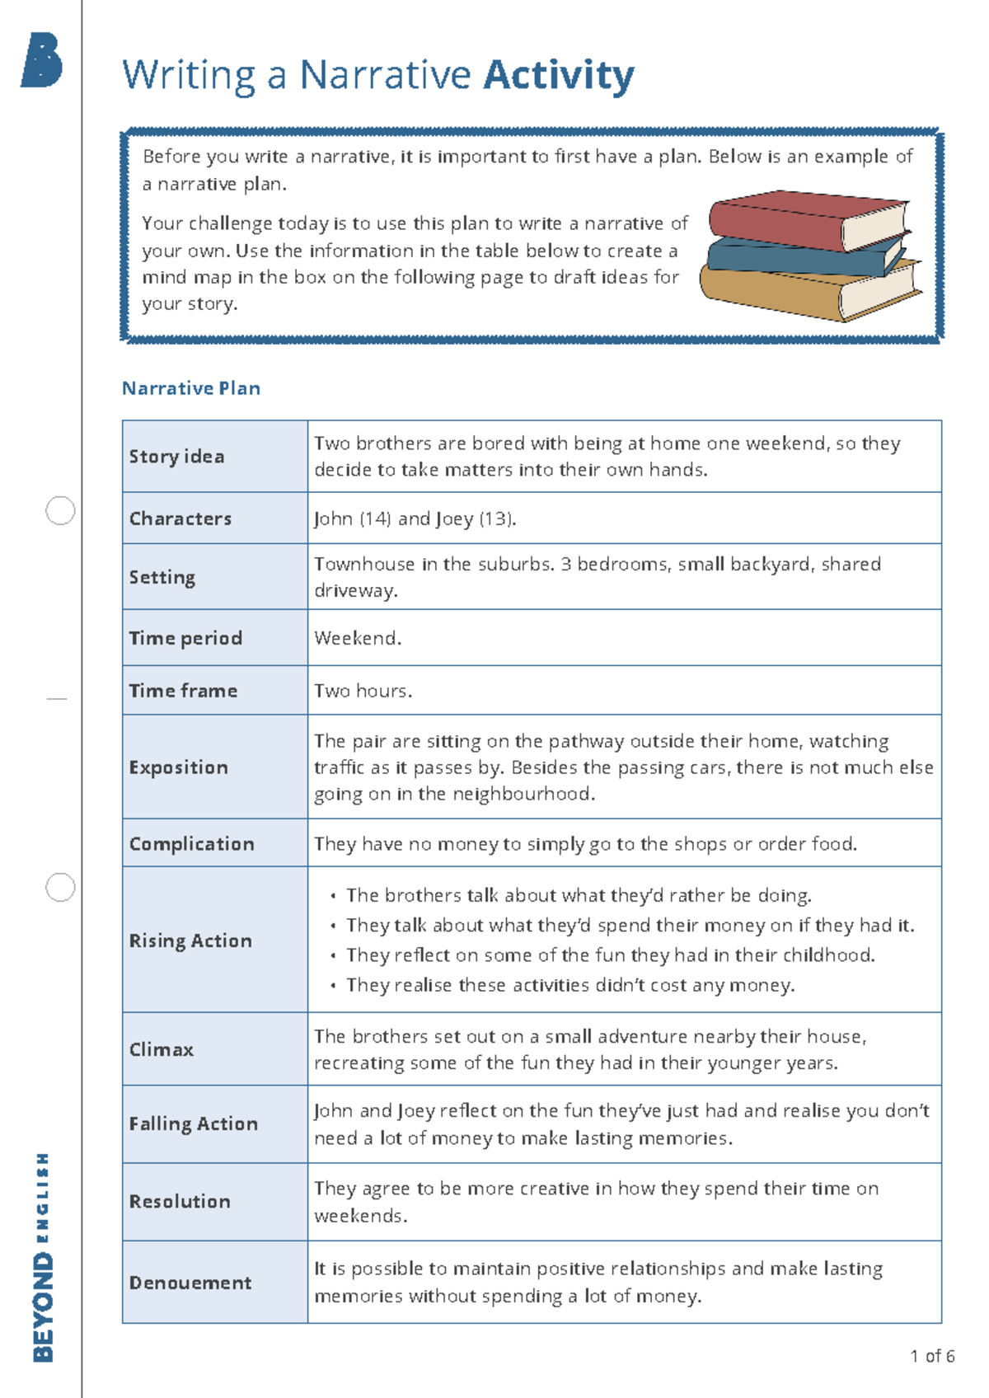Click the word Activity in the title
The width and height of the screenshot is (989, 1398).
(558, 76)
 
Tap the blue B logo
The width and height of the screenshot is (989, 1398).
(42, 60)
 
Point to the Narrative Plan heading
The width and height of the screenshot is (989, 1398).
(191, 388)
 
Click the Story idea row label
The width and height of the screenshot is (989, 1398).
(176, 457)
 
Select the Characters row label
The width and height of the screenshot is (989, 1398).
(180, 518)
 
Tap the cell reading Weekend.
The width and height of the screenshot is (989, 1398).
(358, 638)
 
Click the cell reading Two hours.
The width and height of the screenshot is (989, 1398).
(363, 691)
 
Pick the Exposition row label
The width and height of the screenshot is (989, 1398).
(178, 767)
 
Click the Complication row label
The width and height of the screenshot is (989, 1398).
(191, 844)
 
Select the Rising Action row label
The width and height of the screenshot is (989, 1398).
(190, 941)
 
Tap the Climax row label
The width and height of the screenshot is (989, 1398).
(162, 1049)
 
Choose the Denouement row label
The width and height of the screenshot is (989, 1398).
(190, 1283)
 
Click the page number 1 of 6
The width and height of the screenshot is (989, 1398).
(932, 1356)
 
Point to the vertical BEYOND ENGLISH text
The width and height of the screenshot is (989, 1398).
(43, 1257)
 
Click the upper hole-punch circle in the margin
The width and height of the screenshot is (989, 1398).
(60, 511)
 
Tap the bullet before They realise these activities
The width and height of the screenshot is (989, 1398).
(333, 986)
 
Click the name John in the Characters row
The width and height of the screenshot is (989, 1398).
(333, 518)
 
